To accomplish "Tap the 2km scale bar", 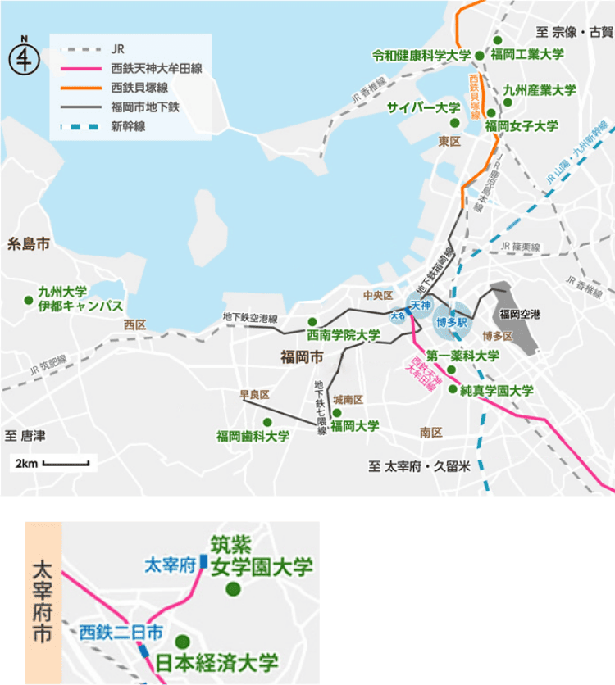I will click(66, 465).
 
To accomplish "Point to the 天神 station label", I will click(421, 306).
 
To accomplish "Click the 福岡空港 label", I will click(520, 315).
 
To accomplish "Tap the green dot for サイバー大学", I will click(453, 123).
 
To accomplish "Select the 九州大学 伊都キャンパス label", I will click(80, 298).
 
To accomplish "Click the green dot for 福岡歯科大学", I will click(267, 422).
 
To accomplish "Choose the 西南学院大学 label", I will click(344, 335).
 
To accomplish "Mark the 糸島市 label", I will click(29, 243).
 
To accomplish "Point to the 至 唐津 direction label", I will click(27, 435).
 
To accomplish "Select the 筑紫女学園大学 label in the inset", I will click(262, 556).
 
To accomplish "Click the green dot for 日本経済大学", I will click(184, 642).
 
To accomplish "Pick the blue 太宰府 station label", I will click(169, 565).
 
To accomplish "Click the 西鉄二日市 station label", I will click(121, 633).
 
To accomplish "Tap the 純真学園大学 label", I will click(497, 391).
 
